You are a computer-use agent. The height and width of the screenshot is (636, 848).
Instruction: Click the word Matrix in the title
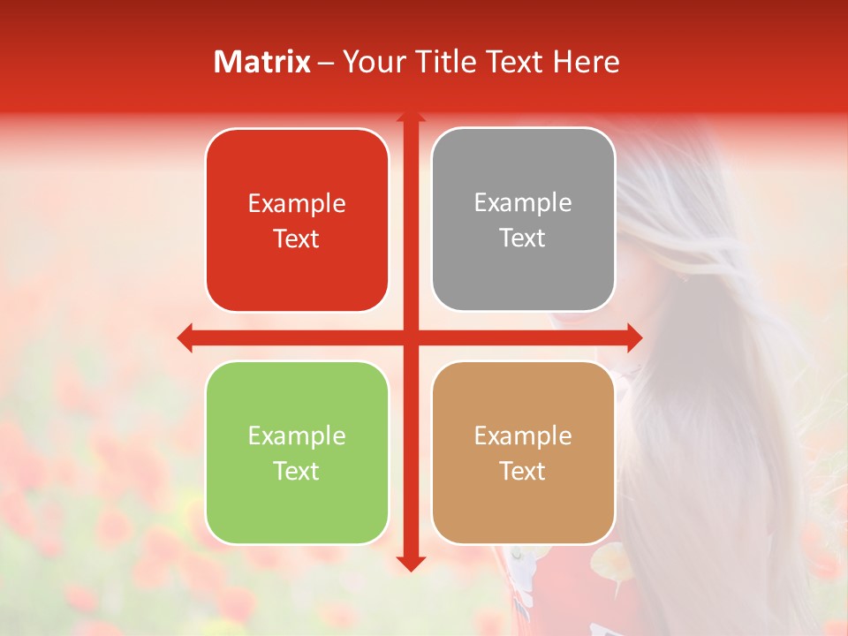click(x=262, y=62)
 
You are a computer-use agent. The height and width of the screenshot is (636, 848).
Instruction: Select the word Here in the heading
click(x=586, y=62)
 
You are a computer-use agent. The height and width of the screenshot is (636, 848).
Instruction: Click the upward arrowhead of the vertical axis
click(x=410, y=116)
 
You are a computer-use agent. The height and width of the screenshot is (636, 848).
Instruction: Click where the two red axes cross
click(x=410, y=337)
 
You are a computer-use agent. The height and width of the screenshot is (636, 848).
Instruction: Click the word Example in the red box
click(x=297, y=204)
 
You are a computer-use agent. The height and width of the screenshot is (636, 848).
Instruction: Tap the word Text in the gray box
click(x=523, y=238)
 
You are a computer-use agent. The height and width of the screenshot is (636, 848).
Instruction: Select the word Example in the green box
click(x=297, y=436)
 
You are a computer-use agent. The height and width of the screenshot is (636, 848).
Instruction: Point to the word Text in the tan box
click(x=523, y=472)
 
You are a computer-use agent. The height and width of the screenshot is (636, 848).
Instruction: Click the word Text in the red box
click(x=297, y=239)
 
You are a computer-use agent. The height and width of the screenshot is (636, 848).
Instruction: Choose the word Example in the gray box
click(x=523, y=203)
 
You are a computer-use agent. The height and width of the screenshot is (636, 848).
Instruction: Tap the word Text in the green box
click(x=297, y=472)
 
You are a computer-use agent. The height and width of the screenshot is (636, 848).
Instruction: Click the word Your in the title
click(x=371, y=62)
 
